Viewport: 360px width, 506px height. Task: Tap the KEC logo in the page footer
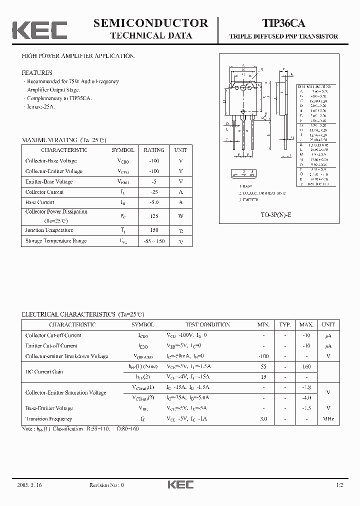pyautogui.click(x=180, y=484)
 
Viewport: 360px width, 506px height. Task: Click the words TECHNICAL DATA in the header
pyautogui.click(x=150, y=35)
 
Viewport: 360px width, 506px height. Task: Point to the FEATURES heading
pyautogui.click(x=36, y=72)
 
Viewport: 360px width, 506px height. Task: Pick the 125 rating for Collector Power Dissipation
pyautogui.click(x=154, y=216)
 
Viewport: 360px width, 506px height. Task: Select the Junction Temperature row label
pyautogui.click(x=49, y=230)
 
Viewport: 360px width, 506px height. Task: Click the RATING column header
pyautogui.click(x=154, y=150)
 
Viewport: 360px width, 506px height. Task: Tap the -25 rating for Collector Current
pyautogui.click(x=154, y=192)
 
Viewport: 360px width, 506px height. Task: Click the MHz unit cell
pyautogui.click(x=328, y=419)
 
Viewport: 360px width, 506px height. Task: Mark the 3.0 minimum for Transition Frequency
pyautogui.click(x=263, y=419)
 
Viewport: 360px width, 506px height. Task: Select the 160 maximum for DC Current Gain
pyautogui.click(x=306, y=366)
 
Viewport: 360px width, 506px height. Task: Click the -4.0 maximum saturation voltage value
pyautogui.click(x=306, y=397)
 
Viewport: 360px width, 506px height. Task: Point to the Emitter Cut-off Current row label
pyautogui.click(x=51, y=345)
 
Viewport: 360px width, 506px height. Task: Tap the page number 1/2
pyautogui.click(x=339, y=485)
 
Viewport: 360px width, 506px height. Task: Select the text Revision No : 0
pyautogui.click(x=106, y=485)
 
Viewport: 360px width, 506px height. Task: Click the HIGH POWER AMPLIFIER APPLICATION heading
pyautogui.click(x=78, y=56)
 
